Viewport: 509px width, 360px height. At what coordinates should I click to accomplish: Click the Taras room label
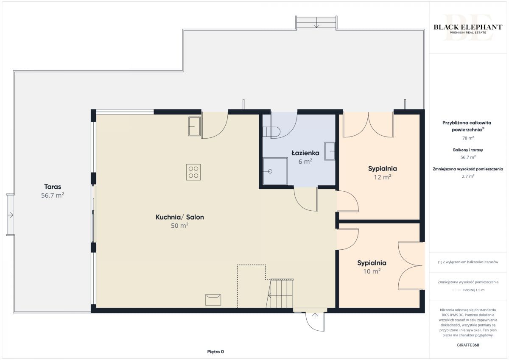pyautogui.click(x=53, y=187)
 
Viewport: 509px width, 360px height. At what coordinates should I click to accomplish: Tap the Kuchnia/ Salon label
pyautogui.click(x=179, y=217)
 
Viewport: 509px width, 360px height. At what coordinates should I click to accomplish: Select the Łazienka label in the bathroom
pyautogui.click(x=305, y=153)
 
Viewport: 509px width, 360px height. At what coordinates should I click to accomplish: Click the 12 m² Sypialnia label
pyautogui.click(x=383, y=168)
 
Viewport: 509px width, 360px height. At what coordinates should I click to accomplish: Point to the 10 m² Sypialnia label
pyautogui.click(x=372, y=263)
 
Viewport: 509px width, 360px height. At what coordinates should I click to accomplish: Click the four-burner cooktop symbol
pyautogui.click(x=193, y=172)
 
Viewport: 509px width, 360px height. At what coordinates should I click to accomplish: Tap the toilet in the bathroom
pyautogui.click(x=271, y=132)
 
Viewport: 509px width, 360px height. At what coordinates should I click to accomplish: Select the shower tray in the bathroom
pyautogui.click(x=275, y=171)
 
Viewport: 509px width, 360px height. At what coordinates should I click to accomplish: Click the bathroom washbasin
pyautogui.click(x=330, y=151)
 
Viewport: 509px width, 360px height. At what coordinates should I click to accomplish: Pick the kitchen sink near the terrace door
pyautogui.click(x=194, y=126)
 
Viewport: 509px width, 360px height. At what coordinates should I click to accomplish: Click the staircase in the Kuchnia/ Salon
pyautogui.click(x=280, y=293)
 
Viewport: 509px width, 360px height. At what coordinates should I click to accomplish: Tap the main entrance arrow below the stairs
pyautogui.click(x=315, y=316)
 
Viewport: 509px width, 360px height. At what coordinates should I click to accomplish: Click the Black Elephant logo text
pyautogui.click(x=468, y=27)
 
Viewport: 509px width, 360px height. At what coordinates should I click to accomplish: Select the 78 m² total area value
pyautogui.click(x=468, y=138)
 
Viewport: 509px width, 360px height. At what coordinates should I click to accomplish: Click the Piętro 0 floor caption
pyautogui.click(x=215, y=352)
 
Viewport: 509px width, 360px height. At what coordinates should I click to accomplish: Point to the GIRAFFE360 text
pyautogui.click(x=468, y=345)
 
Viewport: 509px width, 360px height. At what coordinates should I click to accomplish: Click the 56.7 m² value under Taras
pyautogui.click(x=53, y=195)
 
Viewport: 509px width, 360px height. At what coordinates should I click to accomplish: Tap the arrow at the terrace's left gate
pyautogui.click(x=11, y=215)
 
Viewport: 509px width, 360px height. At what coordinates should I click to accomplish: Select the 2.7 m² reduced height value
pyautogui.click(x=468, y=176)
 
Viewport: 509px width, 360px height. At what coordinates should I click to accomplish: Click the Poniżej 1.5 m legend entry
pyautogui.click(x=474, y=290)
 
